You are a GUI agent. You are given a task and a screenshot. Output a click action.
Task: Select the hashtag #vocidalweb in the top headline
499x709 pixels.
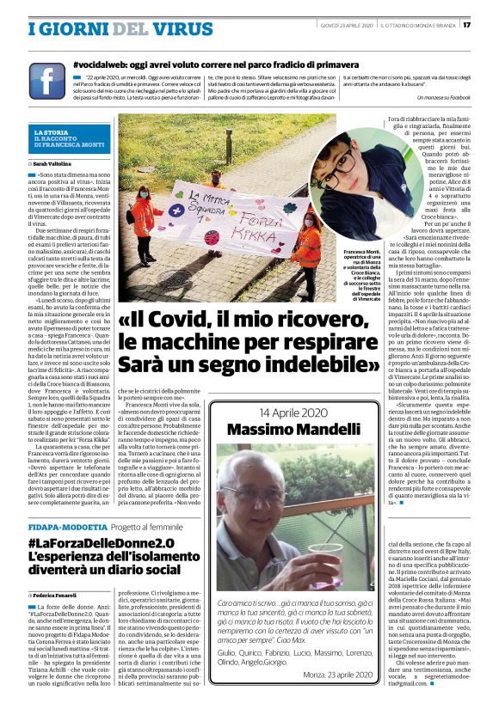coord(104,64)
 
